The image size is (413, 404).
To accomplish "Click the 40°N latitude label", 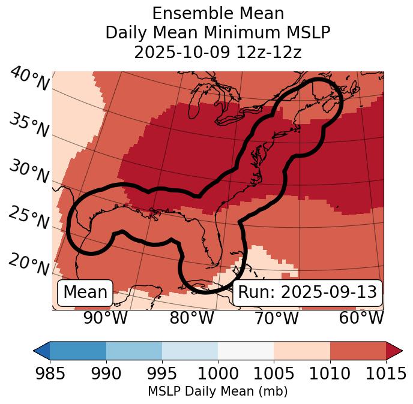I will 29,80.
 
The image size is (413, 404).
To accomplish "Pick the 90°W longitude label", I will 105,318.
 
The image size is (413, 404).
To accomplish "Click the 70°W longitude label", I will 276,318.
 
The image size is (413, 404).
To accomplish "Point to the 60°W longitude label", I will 361,318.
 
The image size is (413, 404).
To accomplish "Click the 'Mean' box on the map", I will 85,293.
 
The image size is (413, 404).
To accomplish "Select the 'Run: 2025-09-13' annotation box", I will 307,293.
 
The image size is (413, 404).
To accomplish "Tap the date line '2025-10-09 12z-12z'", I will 218,52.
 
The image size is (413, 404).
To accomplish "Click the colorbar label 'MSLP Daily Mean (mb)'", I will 218,391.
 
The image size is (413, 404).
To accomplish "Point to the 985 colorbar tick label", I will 50,374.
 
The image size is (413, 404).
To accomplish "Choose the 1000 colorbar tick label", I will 218,374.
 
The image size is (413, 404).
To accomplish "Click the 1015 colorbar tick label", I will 386,374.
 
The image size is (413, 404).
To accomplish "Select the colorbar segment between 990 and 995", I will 134,350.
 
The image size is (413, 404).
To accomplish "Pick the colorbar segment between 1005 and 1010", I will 302,350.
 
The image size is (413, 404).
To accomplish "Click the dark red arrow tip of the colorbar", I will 395,350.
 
